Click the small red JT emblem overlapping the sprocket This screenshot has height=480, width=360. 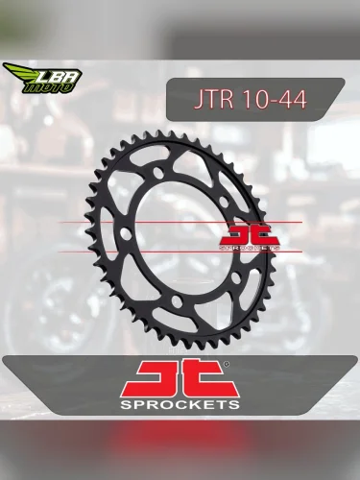coord(250,233)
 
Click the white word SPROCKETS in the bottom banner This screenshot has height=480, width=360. coord(179,404)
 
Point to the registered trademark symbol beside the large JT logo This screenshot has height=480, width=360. coord(227,365)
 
